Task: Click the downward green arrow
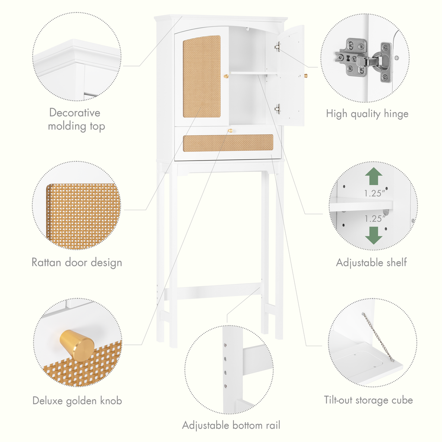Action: pos(374,235)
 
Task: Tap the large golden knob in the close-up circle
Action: pos(77,345)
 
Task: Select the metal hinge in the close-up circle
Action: pos(363,60)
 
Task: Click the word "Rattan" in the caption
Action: pos(46,262)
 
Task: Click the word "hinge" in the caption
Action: pos(396,114)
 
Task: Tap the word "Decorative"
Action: pos(75,113)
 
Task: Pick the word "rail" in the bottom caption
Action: pos(273,425)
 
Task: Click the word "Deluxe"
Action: pos(47,401)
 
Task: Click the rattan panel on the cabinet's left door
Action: pos(202,76)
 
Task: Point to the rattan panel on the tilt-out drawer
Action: pos(228,143)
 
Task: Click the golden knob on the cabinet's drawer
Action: pos(230,131)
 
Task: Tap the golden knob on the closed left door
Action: pos(226,76)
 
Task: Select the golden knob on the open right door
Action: pos(306,76)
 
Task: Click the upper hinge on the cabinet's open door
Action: pos(278,47)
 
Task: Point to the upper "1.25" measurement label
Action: pos(375,193)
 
